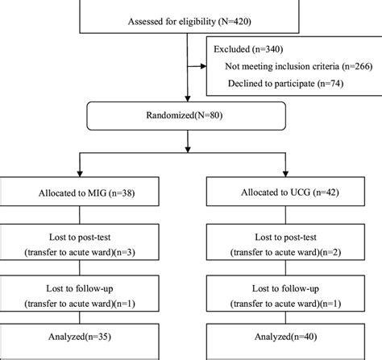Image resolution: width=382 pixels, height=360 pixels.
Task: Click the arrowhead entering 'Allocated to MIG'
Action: pos(79,176)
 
